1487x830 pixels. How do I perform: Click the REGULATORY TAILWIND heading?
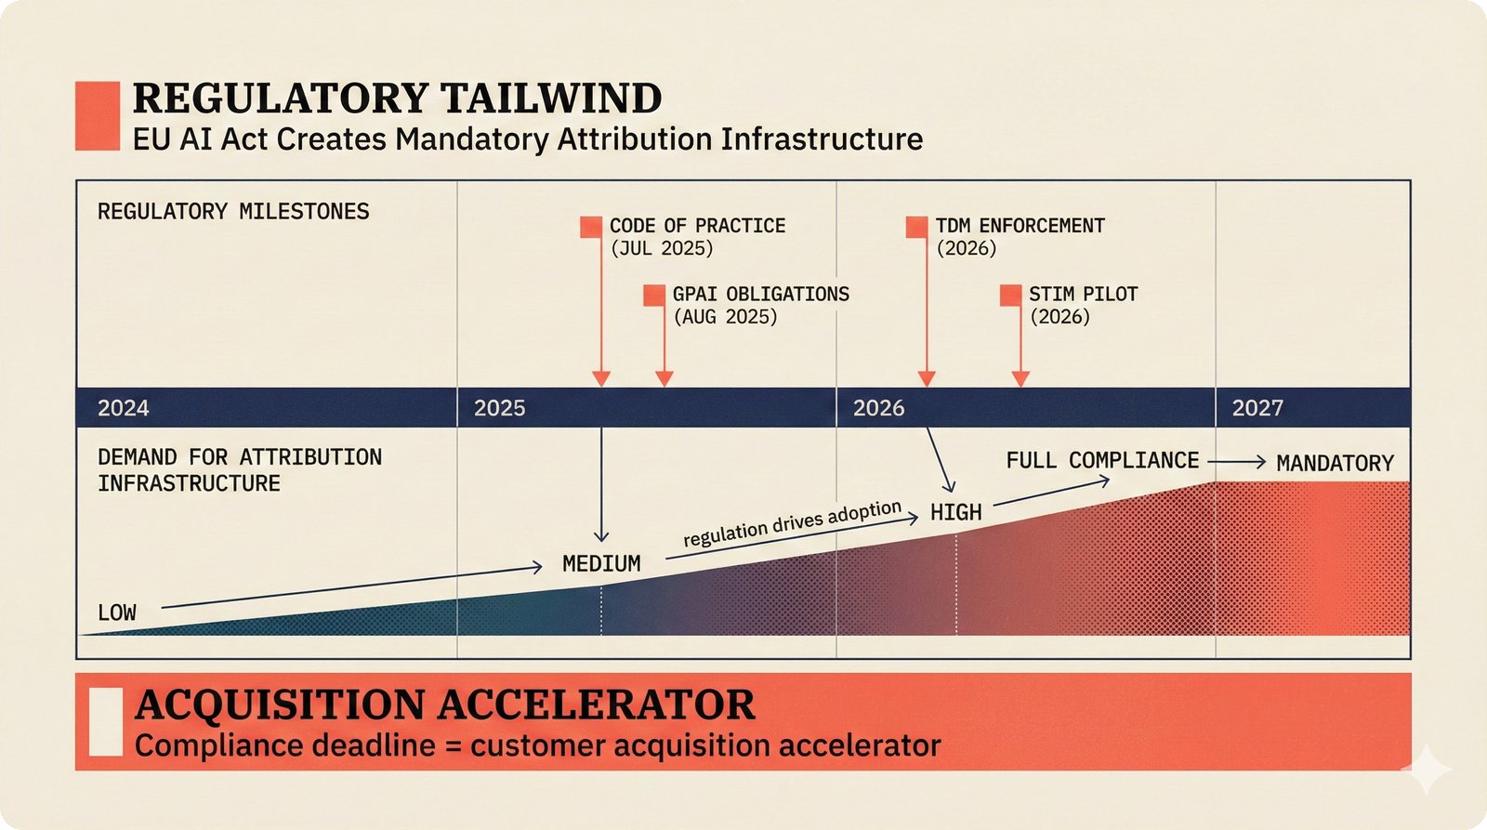397,99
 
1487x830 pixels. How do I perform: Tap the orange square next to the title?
98,115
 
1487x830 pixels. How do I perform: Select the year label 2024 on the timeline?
124,408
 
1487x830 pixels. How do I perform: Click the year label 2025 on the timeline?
500,408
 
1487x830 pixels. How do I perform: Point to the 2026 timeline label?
879,408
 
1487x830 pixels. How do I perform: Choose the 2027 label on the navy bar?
1257,408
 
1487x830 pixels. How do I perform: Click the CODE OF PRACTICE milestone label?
697,226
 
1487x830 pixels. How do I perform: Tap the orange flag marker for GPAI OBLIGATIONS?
654,296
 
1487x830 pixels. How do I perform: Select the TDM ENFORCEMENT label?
1020,226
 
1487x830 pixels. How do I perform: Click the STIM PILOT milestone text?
1083,295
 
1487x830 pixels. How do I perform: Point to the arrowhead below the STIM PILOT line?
1020,378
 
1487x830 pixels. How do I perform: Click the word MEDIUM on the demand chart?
601,564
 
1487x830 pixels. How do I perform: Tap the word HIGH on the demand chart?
955,513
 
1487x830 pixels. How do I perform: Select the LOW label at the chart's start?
117,613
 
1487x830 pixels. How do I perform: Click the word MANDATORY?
1335,463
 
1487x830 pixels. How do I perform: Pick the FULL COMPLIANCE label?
1102,461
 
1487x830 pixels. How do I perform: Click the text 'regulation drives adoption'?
792,523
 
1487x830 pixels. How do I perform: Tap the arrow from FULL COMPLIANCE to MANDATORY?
1237,461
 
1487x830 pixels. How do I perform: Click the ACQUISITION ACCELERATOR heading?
444,705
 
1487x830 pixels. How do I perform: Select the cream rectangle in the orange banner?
105,721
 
